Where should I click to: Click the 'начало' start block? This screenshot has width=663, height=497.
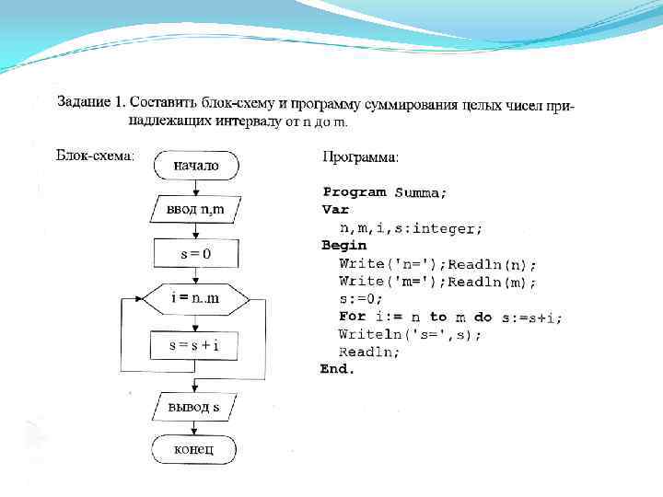coord(195,166)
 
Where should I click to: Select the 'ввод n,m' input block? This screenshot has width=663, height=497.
coord(195,211)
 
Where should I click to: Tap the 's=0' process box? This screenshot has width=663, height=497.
coord(195,254)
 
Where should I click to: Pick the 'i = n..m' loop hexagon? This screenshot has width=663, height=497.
coord(195,299)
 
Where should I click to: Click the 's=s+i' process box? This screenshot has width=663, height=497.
coord(195,345)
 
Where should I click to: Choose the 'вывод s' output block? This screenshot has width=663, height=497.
coord(194,406)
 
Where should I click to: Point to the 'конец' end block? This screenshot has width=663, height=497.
coord(194,449)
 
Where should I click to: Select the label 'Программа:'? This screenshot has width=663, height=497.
coord(361,157)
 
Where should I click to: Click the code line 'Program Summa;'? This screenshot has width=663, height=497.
coord(384,192)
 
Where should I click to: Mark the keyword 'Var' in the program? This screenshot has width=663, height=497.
coord(334,210)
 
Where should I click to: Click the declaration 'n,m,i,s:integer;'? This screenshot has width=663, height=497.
coord(411,227)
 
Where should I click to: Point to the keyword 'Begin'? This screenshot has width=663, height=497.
coord(343,246)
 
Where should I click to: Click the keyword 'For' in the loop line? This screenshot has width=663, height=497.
coord(352,317)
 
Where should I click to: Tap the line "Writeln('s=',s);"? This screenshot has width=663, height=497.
coord(410,334)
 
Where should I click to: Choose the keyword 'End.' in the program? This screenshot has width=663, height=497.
coord(337,369)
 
